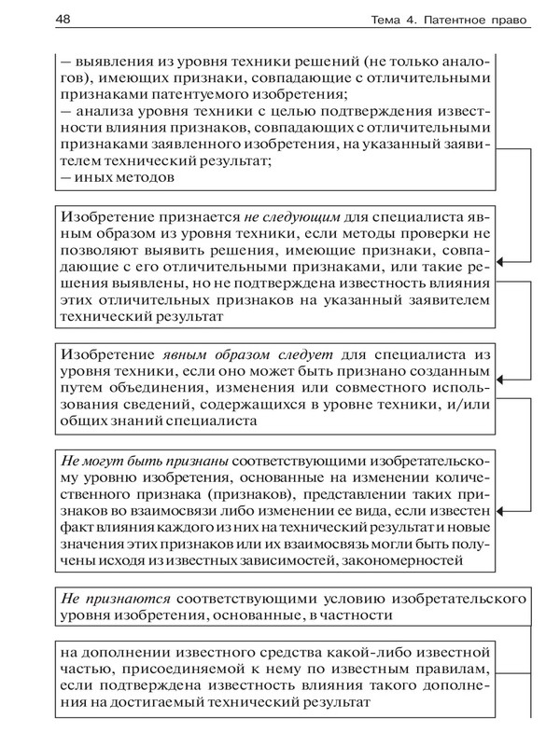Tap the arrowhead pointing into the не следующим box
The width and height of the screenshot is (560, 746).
pyautogui.click(x=501, y=265)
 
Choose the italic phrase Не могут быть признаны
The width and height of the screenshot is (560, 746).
pyautogui.click(x=145, y=461)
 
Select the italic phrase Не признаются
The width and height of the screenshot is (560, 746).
pyautogui.click(x=113, y=595)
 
